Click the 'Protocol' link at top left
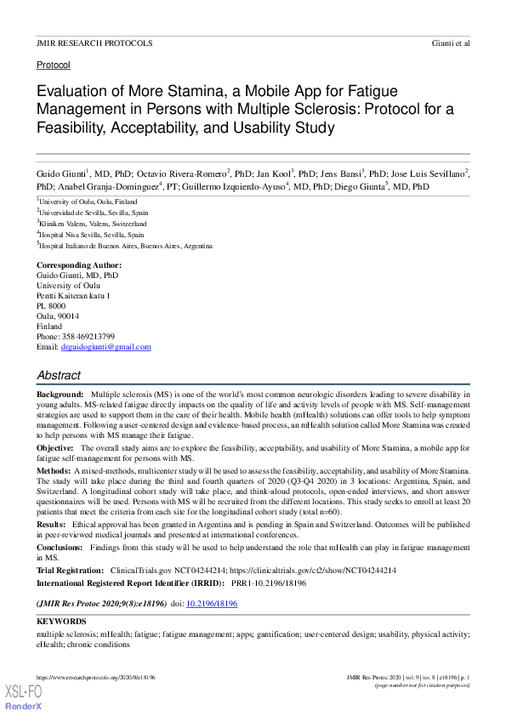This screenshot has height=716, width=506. [54, 65]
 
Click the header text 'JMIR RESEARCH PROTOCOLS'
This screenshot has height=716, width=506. [94, 43]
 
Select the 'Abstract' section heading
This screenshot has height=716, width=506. [59, 375]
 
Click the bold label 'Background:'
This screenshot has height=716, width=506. [60, 395]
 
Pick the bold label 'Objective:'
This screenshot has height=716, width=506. [55, 447]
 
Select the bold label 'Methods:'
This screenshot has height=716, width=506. [54, 470]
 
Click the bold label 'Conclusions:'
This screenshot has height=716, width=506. [59, 549]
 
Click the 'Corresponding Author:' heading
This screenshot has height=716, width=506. [79, 265]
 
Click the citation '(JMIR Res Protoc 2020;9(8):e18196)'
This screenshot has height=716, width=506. [101, 603]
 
